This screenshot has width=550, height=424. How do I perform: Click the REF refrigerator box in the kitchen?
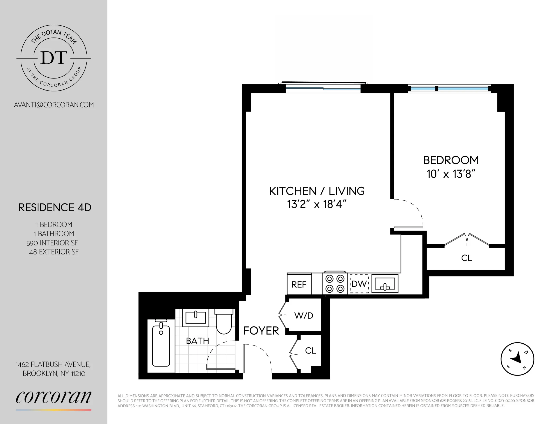tap(299, 284)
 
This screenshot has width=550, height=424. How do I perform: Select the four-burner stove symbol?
tap(335, 283)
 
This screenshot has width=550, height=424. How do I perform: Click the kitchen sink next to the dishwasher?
tap(385, 284)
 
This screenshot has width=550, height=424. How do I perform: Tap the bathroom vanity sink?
tap(196, 318)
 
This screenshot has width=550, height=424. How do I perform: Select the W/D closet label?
tap(304, 315)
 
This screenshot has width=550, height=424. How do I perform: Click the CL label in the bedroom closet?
tap(467, 258)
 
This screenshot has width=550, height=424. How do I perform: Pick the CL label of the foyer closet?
tap(310, 350)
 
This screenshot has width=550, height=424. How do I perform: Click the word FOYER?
tap(261, 331)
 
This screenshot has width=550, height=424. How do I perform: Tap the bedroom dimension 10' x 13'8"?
tap(451, 174)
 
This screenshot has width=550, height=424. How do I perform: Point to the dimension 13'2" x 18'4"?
tap(317, 204)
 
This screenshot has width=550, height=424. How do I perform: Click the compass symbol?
tap(517, 359)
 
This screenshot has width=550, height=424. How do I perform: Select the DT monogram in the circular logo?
tap(54, 58)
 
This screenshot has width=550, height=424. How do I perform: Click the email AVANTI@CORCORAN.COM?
tap(54, 105)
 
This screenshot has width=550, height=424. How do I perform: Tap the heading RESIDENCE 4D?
tap(55, 207)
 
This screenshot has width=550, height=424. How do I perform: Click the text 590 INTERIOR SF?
tap(52, 243)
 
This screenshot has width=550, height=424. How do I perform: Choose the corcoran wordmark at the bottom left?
tap(53, 397)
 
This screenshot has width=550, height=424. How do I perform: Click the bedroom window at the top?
tap(449, 89)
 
